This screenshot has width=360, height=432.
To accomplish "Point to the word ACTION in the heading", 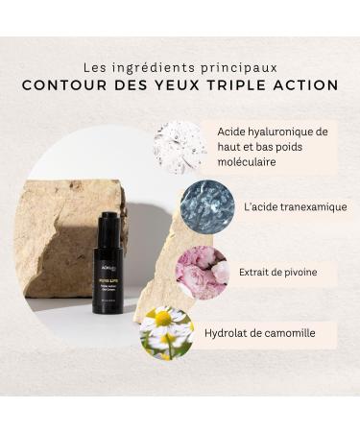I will (x=305, y=85).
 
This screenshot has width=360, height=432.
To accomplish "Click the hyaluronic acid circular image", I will (x=179, y=147).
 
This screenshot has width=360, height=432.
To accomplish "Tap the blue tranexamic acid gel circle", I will (x=204, y=205).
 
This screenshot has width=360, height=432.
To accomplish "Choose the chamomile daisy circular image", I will (x=165, y=332).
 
